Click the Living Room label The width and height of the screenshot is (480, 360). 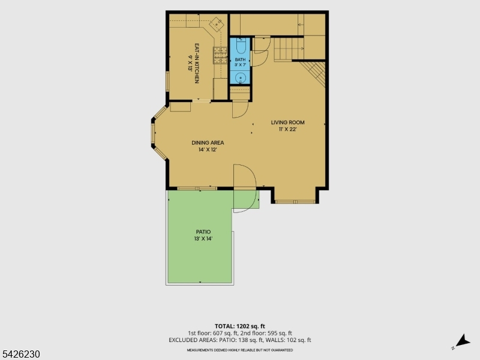287,122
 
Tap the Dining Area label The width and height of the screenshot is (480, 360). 208,143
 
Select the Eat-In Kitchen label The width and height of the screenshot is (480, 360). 197,64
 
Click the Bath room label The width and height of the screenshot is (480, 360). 241,59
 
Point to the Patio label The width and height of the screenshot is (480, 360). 203,232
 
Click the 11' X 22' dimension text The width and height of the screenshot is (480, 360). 287,129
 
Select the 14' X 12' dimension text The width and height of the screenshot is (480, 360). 208,149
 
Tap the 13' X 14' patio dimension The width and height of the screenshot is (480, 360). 203,239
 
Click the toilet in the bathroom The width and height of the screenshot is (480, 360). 241,46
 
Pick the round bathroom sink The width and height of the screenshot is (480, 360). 241,78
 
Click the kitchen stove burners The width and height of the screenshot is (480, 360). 220,55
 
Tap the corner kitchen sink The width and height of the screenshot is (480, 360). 217,23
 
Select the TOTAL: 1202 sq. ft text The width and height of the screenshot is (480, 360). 239,326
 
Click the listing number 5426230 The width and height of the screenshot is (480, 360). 20,354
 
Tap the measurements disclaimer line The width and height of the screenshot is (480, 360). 239,350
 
